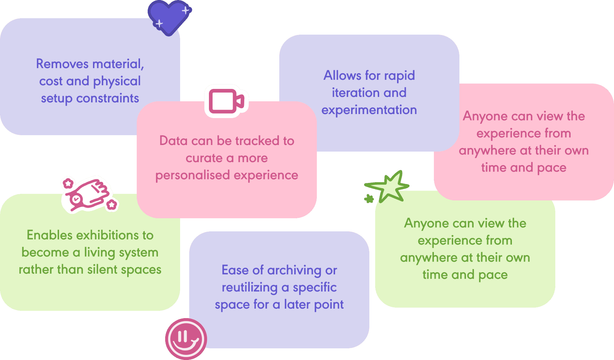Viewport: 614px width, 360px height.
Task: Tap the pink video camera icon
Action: point(226,101)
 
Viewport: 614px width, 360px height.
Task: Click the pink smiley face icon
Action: point(186,339)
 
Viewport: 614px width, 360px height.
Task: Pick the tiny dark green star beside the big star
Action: point(369,199)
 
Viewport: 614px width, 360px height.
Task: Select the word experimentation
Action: point(369,110)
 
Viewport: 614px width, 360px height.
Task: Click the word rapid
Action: point(399,76)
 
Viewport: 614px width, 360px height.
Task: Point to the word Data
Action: point(173,141)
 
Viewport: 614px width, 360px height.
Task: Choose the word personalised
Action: point(192,176)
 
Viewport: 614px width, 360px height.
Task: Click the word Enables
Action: point(50,235)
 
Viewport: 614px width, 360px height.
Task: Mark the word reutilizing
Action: point(250,287)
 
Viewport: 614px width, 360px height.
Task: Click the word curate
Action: point(204,158)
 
